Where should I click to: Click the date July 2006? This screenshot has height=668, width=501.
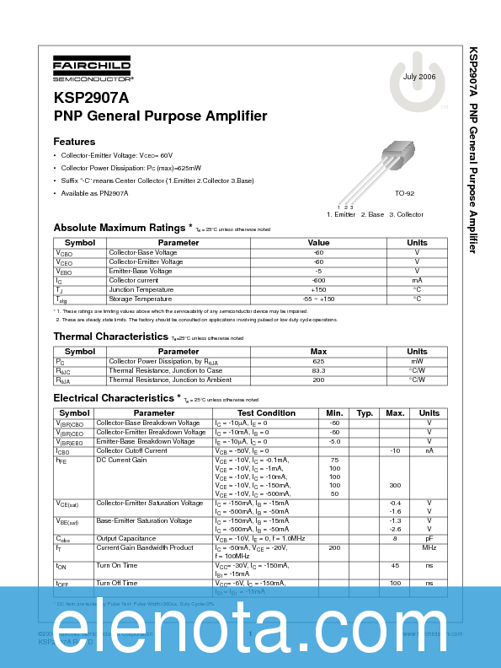click(419, 76)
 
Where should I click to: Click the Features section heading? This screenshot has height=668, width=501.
click(74, 142)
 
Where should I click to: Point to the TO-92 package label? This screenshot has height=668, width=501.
click(404, 193)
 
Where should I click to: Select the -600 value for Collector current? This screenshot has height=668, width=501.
click(318, 280)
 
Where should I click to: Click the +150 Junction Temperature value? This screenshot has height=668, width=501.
click(318, 289)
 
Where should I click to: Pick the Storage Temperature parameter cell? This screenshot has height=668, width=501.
click(141, 299)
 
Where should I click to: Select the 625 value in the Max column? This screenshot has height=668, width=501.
click(318, 361)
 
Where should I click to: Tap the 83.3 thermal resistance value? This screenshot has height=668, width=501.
click(318, 370)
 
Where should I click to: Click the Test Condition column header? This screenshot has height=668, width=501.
click(265, 413)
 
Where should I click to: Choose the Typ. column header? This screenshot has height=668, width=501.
click(365, 413)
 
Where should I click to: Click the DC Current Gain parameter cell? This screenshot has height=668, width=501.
click(121, 460)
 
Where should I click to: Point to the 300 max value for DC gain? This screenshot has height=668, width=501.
click(394, 486)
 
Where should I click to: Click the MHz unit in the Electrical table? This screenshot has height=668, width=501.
click(429, 547)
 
